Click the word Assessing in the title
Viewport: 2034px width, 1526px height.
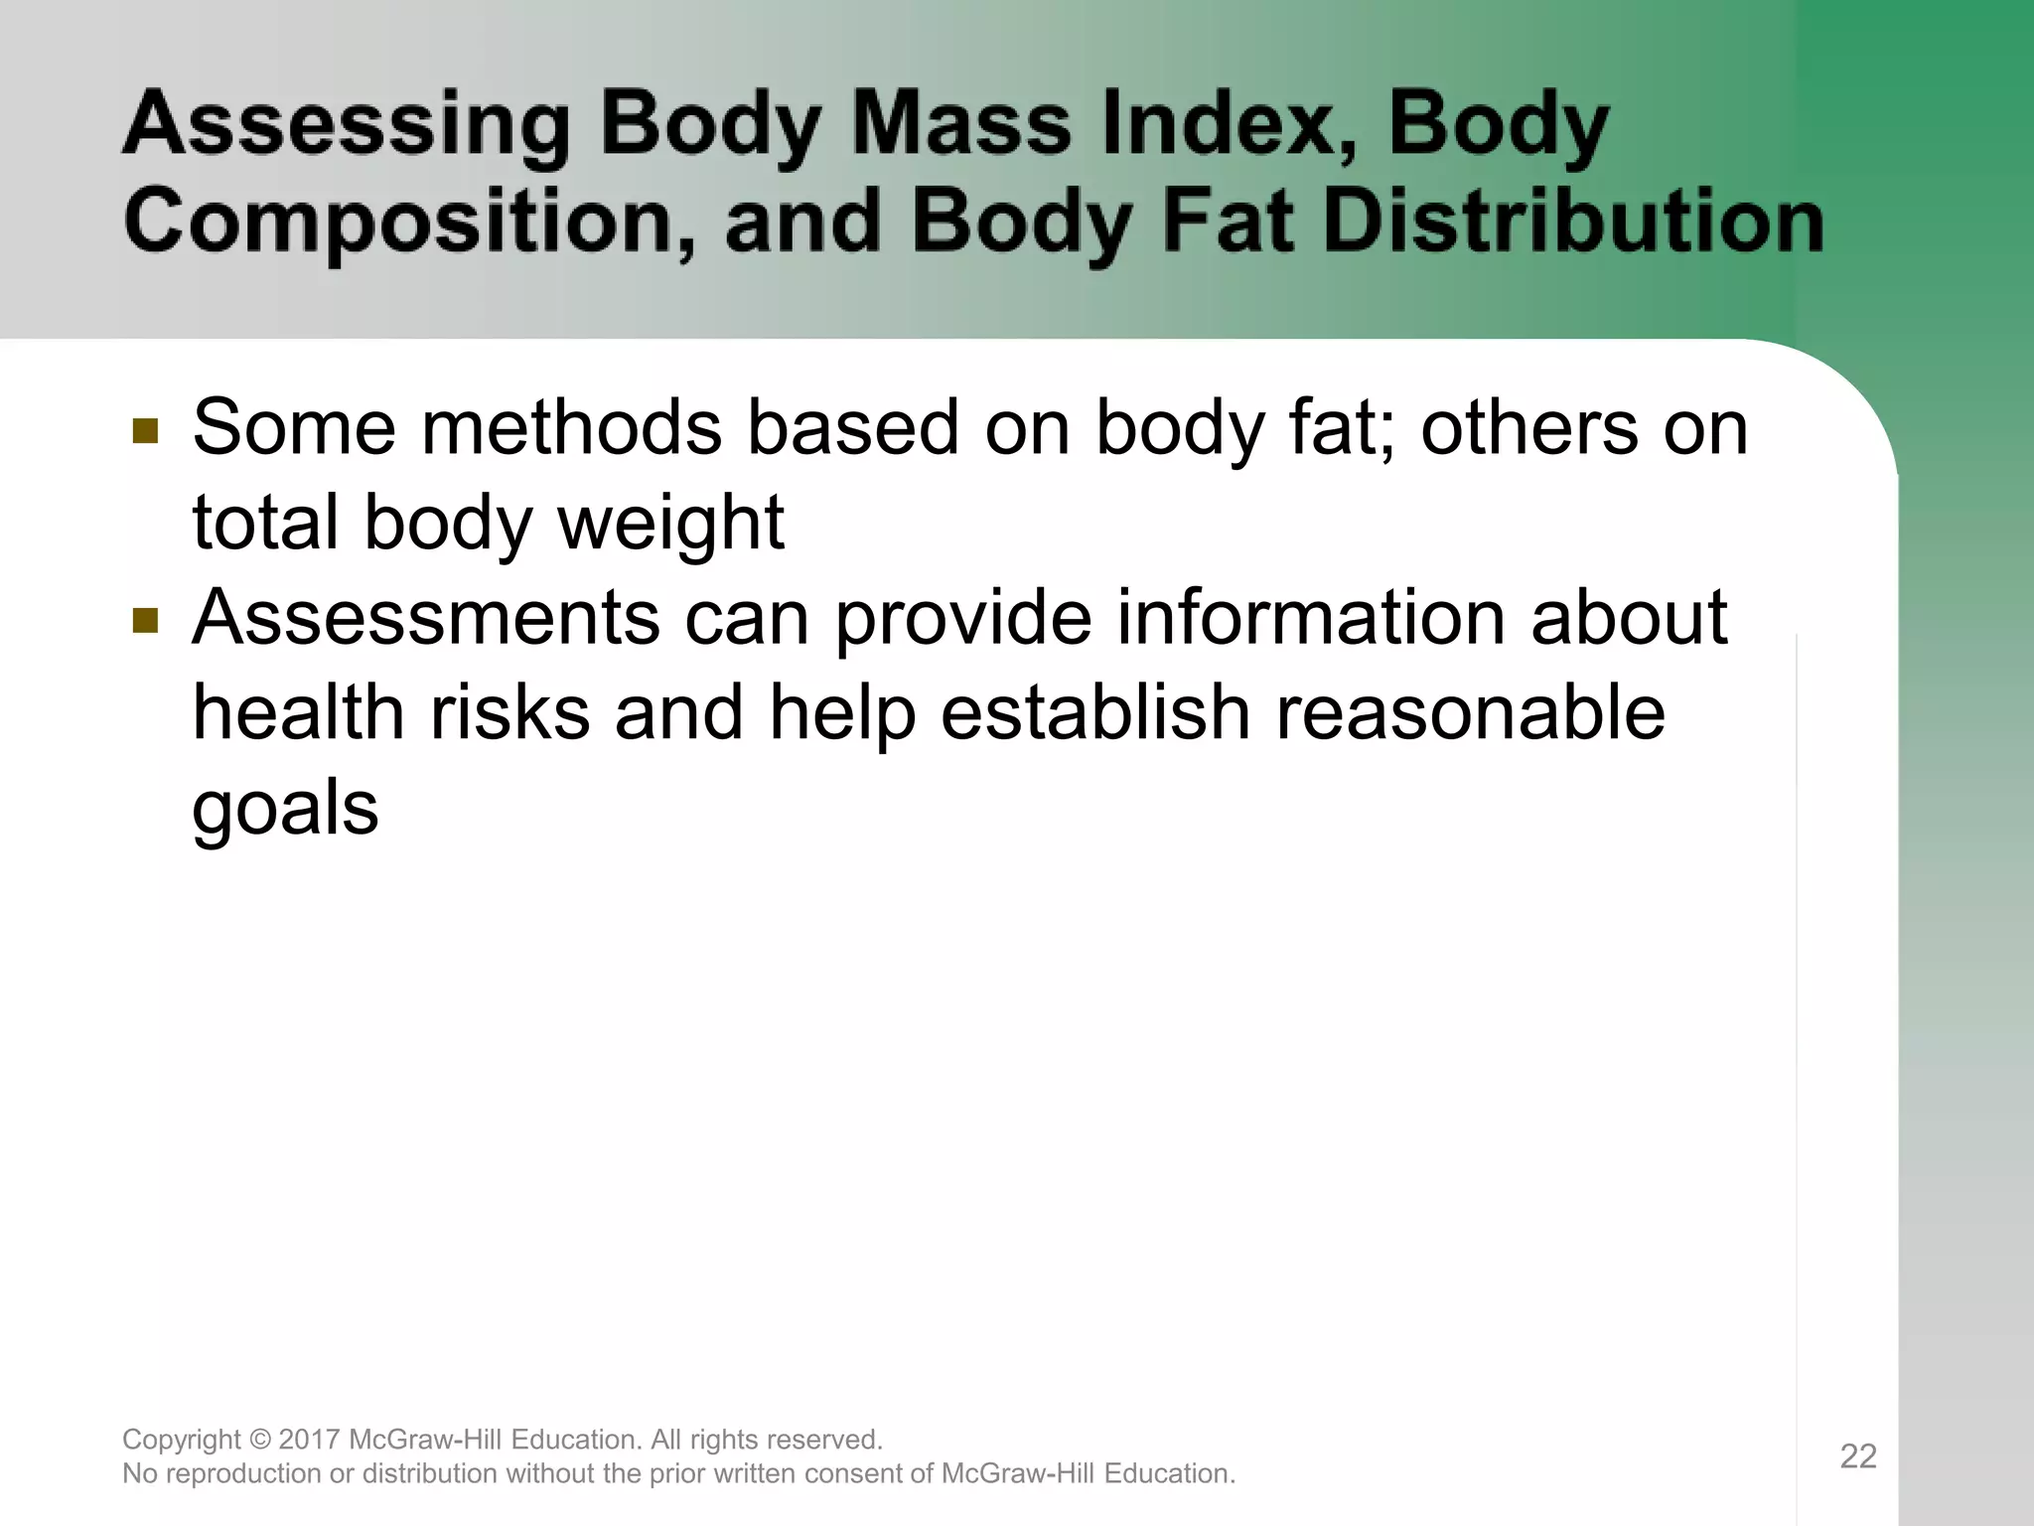tap(345, 127)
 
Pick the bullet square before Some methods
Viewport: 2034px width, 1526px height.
tap(145, 431)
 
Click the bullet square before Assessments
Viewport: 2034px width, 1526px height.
tap(145, 621)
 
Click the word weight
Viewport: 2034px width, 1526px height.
tap(671, 524)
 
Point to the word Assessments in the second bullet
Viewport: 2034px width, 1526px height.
tap(426, 618)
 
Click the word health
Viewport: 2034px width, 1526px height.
tap(298, 712)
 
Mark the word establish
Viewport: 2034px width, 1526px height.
tap(1095, 712)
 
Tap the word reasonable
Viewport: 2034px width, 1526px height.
tap(1470, 714)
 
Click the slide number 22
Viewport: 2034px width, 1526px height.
tap(1858, 1456)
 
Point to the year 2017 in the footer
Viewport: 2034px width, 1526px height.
tap(311, 1440)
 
